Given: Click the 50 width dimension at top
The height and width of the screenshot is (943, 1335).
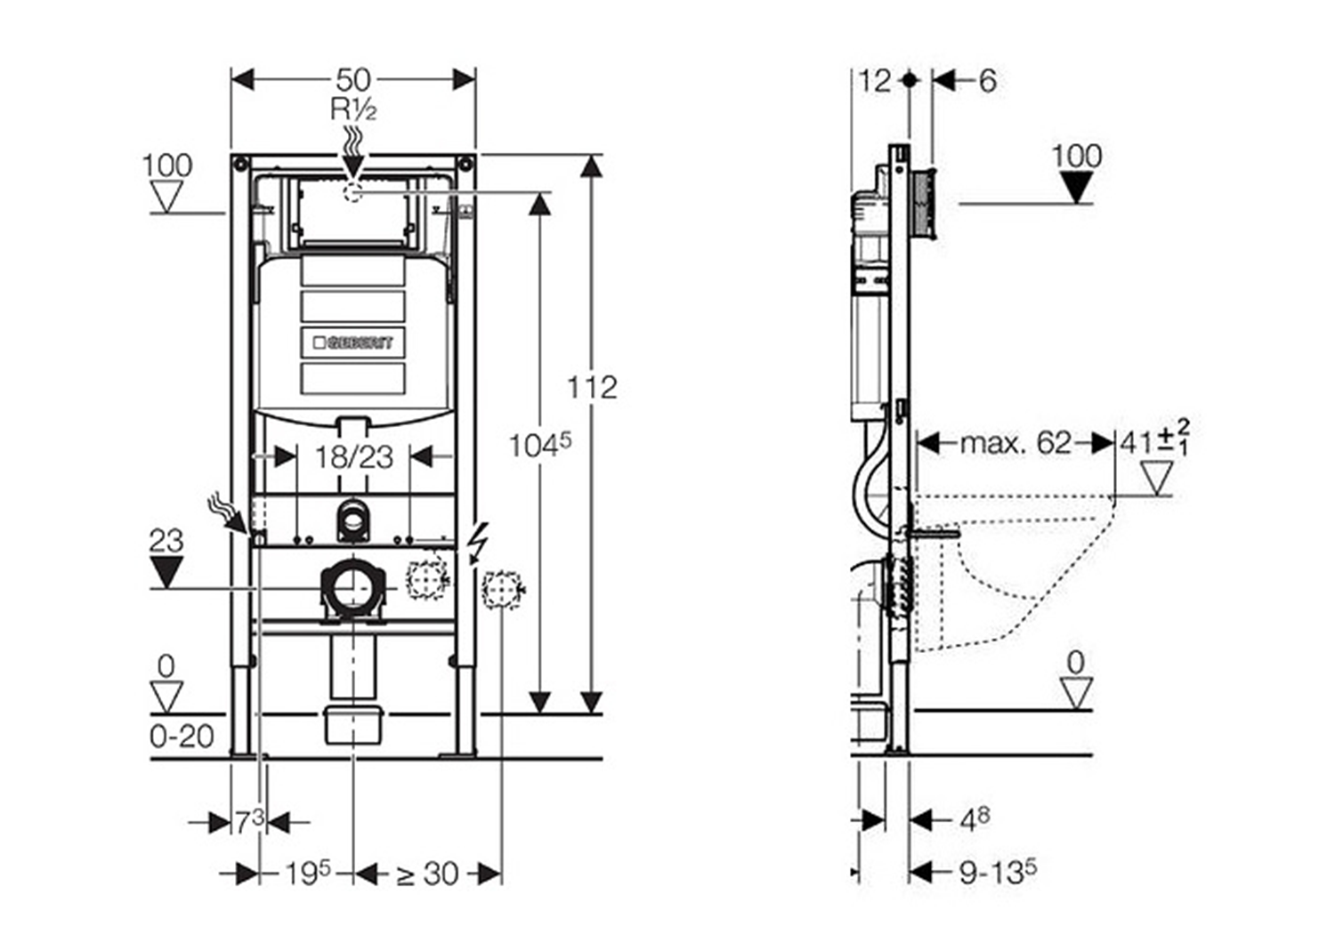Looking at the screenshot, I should pyautogui.click(x=353, y=80).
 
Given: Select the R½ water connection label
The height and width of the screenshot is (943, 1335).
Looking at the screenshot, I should pyautogui.click(x=353, y=109).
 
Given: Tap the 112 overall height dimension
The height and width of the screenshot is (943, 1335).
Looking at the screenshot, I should pyautogui.click(x=592, y=387).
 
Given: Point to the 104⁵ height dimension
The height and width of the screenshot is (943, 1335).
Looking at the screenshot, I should pyautogui.click(x=539, y=444).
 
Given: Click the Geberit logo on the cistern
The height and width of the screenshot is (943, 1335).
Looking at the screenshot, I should pyautogui.click(x=353, y=343).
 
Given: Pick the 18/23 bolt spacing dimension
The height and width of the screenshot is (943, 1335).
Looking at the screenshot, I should pyautogui.click(x=353, y=457).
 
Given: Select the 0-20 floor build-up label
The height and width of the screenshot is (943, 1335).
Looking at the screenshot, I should pyautogui.click(x=182, y=737).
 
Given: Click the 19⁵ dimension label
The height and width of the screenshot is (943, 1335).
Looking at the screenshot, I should pyautogui.click(x=307, y=874).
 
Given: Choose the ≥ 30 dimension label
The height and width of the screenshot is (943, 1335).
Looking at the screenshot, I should pyautogui.click(x=427, y=874).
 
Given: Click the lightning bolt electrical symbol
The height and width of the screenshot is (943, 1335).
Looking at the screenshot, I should pyautogui.click(x=478, y=542).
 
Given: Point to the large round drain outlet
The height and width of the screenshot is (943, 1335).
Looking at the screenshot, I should pyautogui.click(x=353, y=588).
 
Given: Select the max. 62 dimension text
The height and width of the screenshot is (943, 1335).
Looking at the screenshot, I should pyautogui.click(x=1015, y=442).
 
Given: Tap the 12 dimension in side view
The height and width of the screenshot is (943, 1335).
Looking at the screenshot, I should pyautogui.click(x=874, y=81).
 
